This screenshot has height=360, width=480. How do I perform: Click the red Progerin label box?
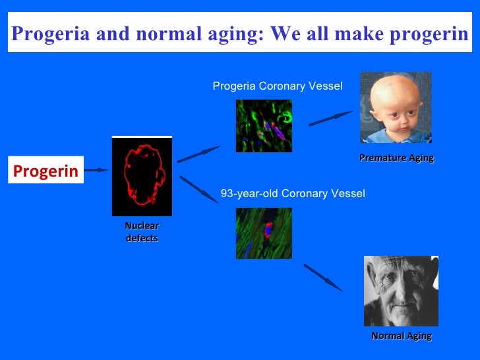[x=45, y=171]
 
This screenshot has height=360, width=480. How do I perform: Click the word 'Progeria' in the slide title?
[x=51, y=34]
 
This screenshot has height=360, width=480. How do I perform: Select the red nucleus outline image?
[x=142, y=176]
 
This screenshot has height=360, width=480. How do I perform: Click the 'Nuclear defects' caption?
[x=142, y=232]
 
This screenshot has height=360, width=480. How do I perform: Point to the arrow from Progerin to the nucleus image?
[x=96, y=170]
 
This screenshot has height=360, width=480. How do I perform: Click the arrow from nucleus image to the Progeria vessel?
[x=198, y=154]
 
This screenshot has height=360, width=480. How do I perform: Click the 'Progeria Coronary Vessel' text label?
[x=277, y=86]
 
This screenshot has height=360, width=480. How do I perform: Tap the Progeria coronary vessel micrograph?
[x=264, y=125]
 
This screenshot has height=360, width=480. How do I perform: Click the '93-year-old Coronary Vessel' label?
[x=292, y=194]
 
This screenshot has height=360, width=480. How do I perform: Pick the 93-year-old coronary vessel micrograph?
[x=264, y=233]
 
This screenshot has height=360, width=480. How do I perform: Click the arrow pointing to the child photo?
[x=331, y=119]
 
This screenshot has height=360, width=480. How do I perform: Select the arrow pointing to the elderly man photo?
[x=322, y=277]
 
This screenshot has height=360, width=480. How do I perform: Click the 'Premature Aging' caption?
[x=396, y=158]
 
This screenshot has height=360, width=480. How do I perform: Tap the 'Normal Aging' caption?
[x=401, y=336]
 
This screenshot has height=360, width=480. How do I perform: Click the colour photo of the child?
[x=396, y=107]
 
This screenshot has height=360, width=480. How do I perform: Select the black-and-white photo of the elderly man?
[x=401, y=291]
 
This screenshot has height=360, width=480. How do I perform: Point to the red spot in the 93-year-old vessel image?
[x=268, y=229]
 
